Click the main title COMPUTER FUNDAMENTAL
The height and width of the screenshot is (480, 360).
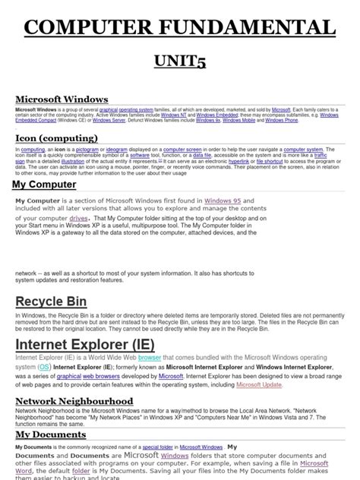(x=180, y=28)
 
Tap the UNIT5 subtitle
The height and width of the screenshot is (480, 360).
(x=180, y=64)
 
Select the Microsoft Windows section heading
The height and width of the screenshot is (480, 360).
(x=62, y=99)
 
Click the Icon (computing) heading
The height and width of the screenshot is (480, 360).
(x=58, y=137)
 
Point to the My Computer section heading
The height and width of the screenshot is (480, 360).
(x=44, y=185)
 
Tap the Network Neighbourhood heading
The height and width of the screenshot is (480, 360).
(x=74, y=400)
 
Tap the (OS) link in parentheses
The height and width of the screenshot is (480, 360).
(x=44, y=367)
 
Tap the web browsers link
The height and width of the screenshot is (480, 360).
(x=99, y=375)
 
